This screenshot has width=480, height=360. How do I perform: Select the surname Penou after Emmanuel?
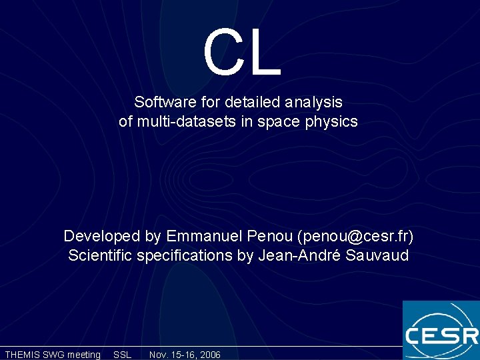(270, 237)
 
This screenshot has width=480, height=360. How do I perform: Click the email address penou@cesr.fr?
(356, 237)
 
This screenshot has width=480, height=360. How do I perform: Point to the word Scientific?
(101, 255)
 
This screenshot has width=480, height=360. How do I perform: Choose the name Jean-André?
(299, 255)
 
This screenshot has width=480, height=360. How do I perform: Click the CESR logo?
(441, 331)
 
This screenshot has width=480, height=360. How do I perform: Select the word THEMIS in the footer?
(23, 355)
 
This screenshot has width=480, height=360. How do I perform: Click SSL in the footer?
(123, 355)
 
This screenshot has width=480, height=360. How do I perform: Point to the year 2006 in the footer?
(209, 355)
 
